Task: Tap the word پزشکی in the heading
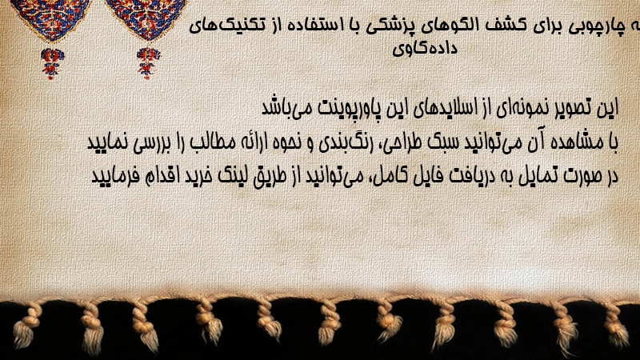pos(386,27)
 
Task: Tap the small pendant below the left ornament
pos(52,63)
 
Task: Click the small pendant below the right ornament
pos(148,62)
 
